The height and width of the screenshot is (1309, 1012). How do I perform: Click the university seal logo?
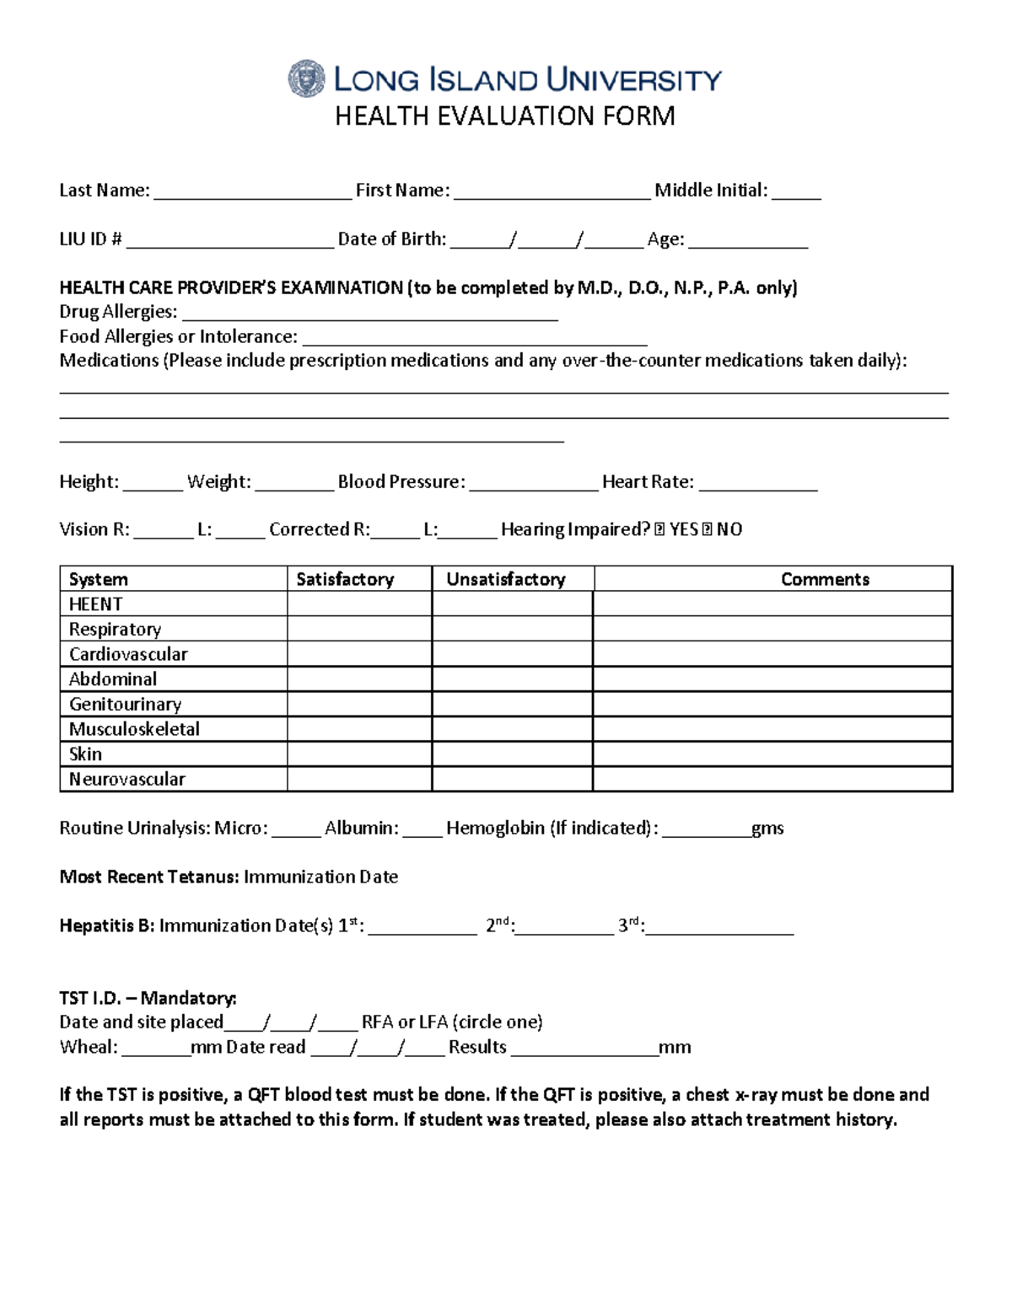[x=305, y=79]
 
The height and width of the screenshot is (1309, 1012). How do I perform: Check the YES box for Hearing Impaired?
[x=659, y=529]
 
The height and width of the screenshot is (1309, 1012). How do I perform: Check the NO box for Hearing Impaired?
[x=707, y=529]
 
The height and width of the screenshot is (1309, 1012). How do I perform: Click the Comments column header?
[x=824, y=579]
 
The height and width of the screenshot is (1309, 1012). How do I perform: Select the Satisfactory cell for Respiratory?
[x=359, y=629]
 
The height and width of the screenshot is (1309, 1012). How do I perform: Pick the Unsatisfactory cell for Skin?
[x=512, y=754]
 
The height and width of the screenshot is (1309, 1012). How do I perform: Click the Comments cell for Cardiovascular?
[x=772, y=654]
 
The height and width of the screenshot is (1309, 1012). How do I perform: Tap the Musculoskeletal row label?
[x=134, y=729]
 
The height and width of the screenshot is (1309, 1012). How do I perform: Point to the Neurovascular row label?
[x=126, y=779]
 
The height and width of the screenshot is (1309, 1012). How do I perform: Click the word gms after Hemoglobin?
[x=767, y=829]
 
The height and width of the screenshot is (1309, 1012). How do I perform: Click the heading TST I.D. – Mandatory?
[x=148, y=998]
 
